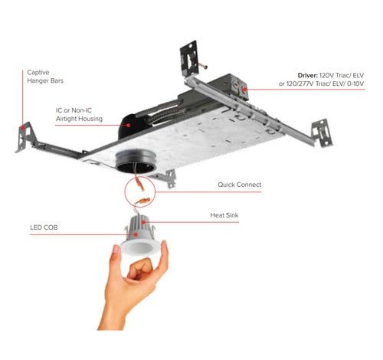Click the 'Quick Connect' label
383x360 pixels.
click(x=239, y=185)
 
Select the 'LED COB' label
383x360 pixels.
click(x=44, y=227)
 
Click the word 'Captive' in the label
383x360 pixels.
click(x=38, y=71)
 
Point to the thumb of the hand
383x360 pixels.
click(x=142, y=270)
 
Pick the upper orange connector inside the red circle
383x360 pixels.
click(x=136, y=185)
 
